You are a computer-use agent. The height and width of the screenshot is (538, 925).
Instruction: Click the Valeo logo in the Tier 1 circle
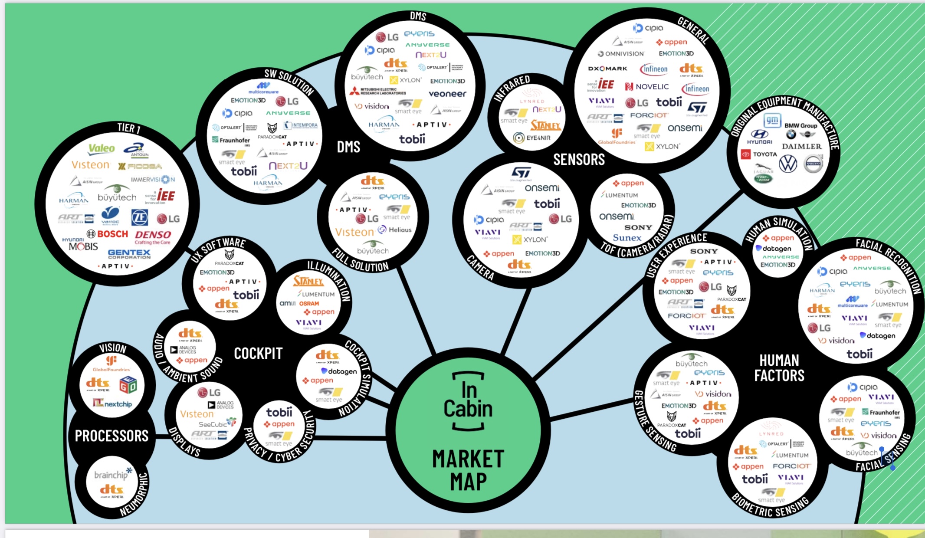(102, 149)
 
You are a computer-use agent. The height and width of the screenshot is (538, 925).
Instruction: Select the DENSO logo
(153, 235)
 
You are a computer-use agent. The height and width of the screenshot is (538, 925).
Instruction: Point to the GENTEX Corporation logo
(129, 254)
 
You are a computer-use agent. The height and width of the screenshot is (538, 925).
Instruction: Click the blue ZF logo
(139, 217)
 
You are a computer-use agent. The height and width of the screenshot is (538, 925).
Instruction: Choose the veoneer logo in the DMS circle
(447, 94)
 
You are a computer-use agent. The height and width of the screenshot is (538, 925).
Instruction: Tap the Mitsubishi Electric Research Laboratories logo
(378, 91)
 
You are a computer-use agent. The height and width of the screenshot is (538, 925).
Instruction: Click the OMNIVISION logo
(621, 54)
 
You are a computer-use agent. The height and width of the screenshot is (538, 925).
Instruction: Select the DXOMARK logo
(607, 69)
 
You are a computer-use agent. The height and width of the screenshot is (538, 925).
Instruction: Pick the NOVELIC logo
(647, 87)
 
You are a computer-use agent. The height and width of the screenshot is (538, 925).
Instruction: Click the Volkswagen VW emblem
(788, 164)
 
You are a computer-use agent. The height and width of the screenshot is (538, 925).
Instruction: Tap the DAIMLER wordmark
(801, 147)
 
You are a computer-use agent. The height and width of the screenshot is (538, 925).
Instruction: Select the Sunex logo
(627, 238)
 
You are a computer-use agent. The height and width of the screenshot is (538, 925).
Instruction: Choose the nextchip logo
(112, 404)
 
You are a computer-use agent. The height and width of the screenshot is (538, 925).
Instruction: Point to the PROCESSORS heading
(112, 436)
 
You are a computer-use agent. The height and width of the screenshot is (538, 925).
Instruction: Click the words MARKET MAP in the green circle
(468, 470)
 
